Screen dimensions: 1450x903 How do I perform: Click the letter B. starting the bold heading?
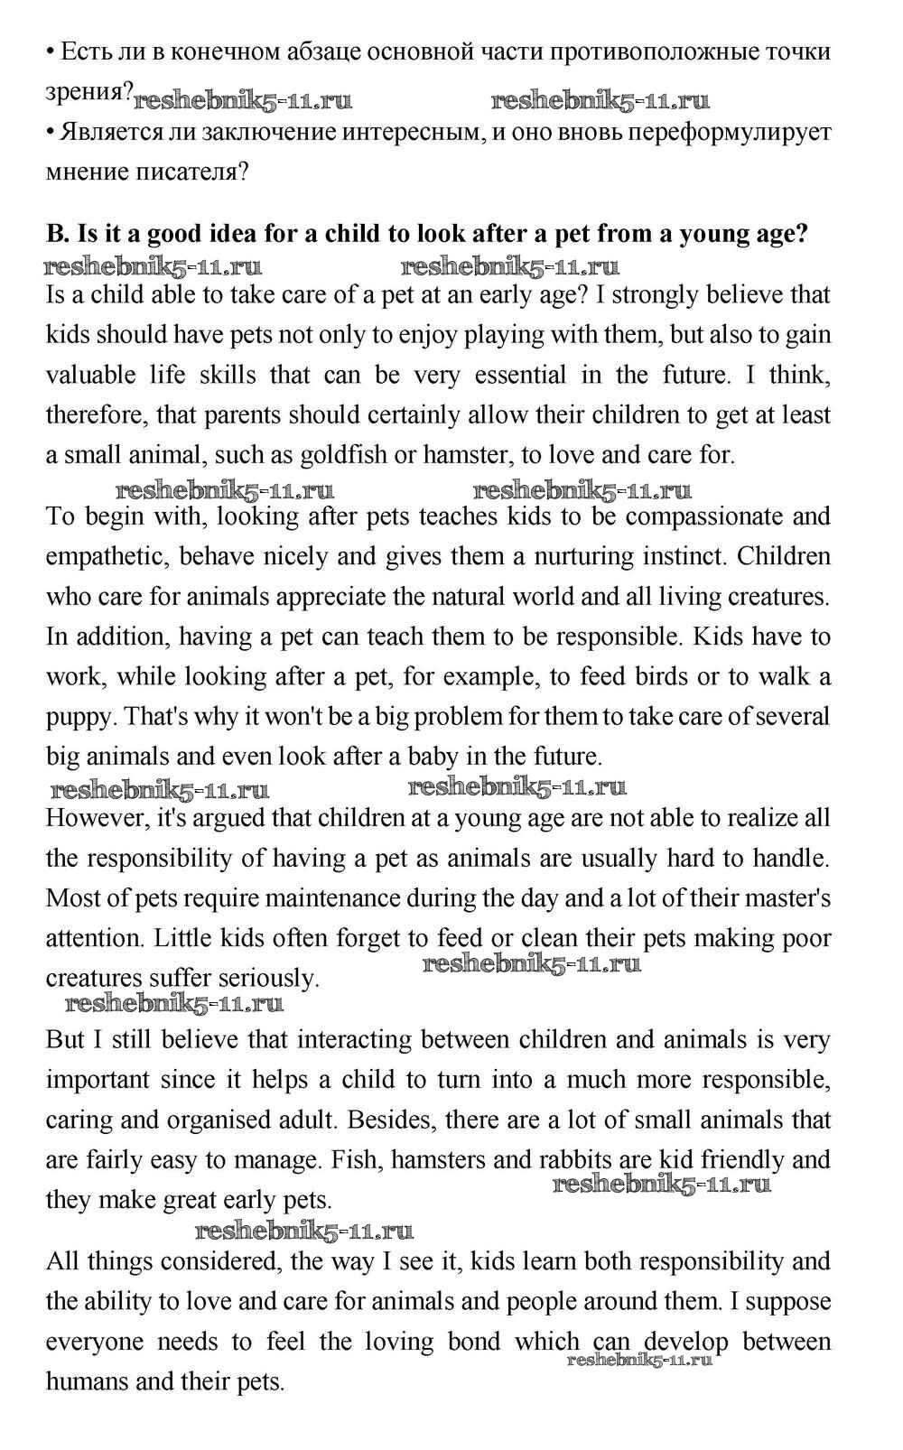click(57, 234)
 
